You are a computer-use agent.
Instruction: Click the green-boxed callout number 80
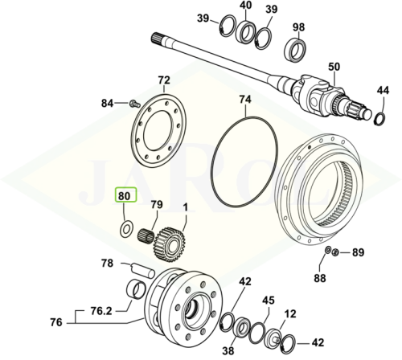124,196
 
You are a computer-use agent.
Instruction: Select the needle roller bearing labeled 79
146,235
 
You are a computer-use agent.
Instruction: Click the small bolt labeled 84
134,103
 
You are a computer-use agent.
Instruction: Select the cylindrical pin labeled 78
142,270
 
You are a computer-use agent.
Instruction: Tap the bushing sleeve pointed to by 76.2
135,290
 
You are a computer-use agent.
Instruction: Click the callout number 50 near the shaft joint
334,67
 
